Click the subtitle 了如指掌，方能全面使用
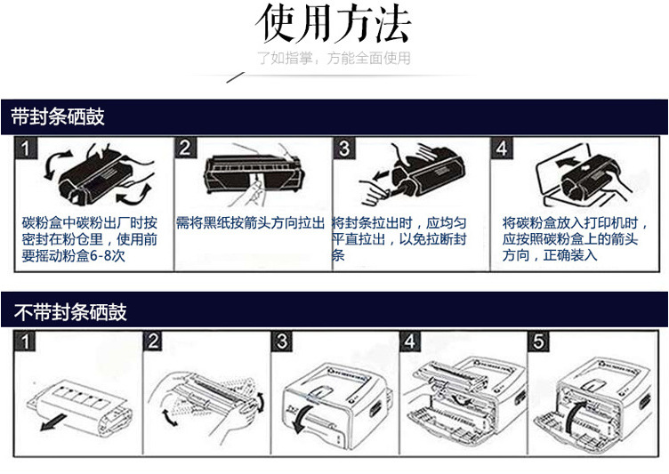(334, 60)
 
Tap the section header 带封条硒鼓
(57, 116)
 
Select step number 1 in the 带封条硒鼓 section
(29, 147)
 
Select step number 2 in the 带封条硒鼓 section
(185, 147)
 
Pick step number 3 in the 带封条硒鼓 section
(344, 147)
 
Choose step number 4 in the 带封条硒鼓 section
(502, 147)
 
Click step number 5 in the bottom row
(539, 341)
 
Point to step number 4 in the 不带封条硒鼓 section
(410, 341)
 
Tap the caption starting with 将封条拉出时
(399, 238)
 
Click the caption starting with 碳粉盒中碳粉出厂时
(89, 238)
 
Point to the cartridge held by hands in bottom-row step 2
(204, 391)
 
